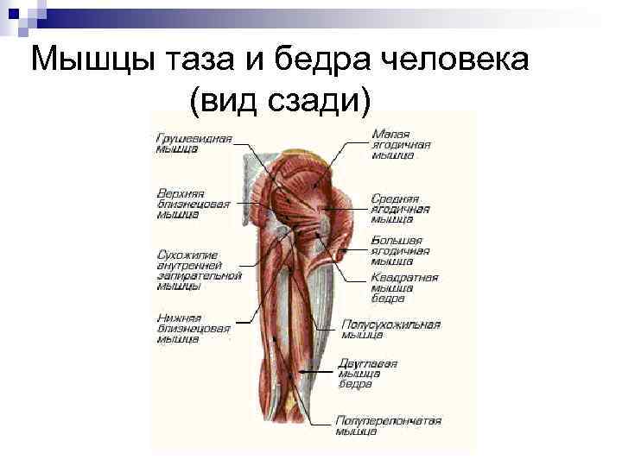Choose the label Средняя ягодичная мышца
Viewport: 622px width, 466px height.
pos(400,208)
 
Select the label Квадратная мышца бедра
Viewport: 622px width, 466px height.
pos(404,288)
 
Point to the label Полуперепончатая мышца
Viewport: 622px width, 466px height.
pos(388,425)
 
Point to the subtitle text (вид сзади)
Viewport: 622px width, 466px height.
pos(278,102)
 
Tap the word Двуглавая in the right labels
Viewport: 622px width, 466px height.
pos(367,363)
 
